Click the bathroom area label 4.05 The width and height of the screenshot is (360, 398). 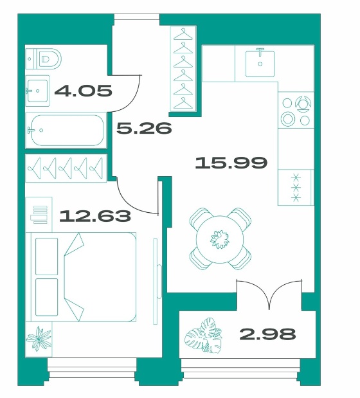pyautogui.click(x=83, y=91)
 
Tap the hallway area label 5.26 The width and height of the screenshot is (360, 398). pyautogui.click(x=144, y=128)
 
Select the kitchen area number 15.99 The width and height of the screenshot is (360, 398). pyautogui.click(x=231, y=163)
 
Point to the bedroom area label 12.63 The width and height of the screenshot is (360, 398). pyautogui.click(x=95, y=216)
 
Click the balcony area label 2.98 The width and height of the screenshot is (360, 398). pyautogui.click(x=267, y=334)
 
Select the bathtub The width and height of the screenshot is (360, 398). pyautogui.click(x=66, y=131)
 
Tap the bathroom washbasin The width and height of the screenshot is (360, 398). pyautogui.click(x=38, y=91)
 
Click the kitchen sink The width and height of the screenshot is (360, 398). pyautogui.click(x=260, y=63)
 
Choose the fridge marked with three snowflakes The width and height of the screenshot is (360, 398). pyautogui.click(x=296, y=187)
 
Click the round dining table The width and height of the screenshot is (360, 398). pyautogui.click(x=220, y=239)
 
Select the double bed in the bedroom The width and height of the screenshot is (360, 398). pyautogui.click(x=83, y=277)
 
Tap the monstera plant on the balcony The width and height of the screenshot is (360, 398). pyautogui.click(x=204, y=335)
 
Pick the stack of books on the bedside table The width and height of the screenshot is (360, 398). pyautogui.click(x=39, y=215)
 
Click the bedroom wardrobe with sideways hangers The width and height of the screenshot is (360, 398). pyautogui.click(x=66, y=168)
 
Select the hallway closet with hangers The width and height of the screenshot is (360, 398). pyautogui.click(x=183, y=69)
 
